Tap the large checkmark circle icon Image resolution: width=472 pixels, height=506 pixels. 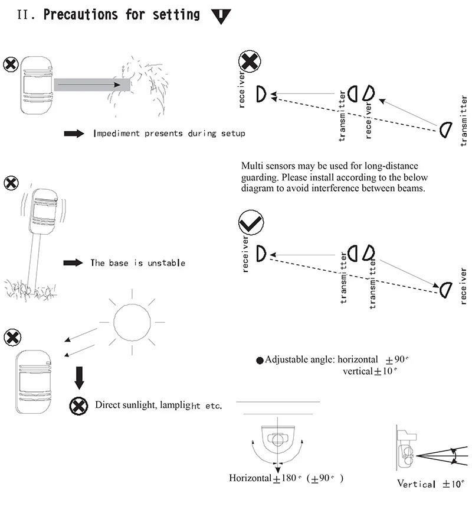(251, 223)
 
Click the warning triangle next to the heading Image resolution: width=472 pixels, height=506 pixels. (221, 15)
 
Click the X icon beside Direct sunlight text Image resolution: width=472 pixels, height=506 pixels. (79, 406)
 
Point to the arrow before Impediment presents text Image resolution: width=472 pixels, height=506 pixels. (74, 134)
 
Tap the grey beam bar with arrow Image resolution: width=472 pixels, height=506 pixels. (91, 85)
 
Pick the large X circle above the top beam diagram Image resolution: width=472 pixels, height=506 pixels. (250, 63)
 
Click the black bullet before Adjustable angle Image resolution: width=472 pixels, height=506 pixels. (260, 360)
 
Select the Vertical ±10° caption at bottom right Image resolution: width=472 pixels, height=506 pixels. (431, 484)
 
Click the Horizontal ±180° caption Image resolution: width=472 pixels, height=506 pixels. (286, 478)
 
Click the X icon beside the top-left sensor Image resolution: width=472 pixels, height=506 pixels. (11, 64)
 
